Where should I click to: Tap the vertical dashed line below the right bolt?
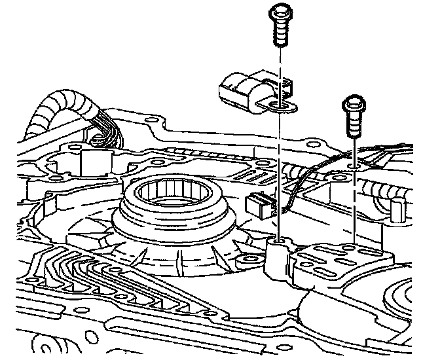pos(354,209)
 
